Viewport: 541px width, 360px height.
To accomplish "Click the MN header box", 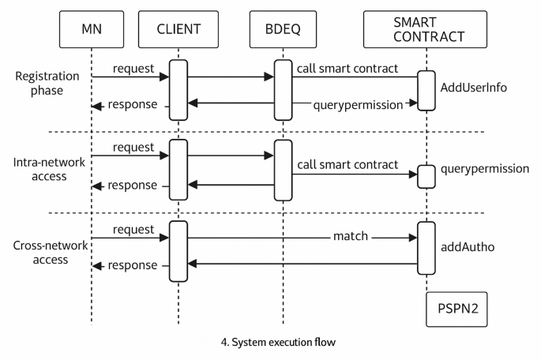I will point(91,31).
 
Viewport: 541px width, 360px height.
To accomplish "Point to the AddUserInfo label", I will point(473,87).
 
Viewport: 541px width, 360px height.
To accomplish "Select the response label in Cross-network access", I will point(132,265).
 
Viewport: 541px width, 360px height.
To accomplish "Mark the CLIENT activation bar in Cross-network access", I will point(178,251).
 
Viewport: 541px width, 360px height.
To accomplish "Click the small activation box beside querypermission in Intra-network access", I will point(426,176).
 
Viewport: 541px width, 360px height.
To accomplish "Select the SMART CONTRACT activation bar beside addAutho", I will point(426,248).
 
